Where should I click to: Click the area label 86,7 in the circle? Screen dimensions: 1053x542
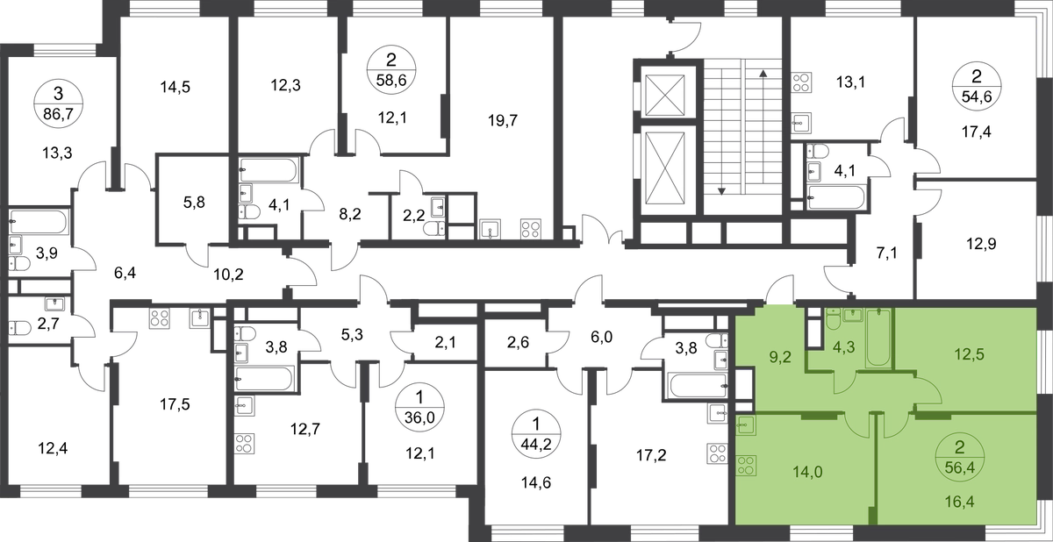point(58,113)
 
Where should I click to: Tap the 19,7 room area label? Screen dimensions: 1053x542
point(503,121)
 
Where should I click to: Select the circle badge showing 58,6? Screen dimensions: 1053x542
point(391,71)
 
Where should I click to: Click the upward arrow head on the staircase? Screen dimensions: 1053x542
point(763,73)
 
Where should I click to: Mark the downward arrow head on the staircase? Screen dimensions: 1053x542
point(721,191)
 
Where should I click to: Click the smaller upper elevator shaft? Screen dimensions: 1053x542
point(665,94)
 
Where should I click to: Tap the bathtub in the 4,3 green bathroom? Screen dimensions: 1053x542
point(878,338)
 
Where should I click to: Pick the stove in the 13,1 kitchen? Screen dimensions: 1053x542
point(800,82)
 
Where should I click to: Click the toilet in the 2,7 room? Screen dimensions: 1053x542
point(18,328)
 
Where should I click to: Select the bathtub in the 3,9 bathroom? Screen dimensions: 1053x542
point(39,222)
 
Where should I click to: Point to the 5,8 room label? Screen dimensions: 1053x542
point(194,203)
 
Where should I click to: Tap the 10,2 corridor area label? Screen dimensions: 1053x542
point(228,274)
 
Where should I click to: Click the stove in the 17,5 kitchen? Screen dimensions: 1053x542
point(160,317)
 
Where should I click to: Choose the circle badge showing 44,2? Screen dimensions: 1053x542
point(537,435)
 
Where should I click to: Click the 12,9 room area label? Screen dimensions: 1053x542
point(981,244)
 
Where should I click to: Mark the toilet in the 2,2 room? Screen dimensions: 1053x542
point(433,229)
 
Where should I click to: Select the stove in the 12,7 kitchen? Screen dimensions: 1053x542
point(245,444)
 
